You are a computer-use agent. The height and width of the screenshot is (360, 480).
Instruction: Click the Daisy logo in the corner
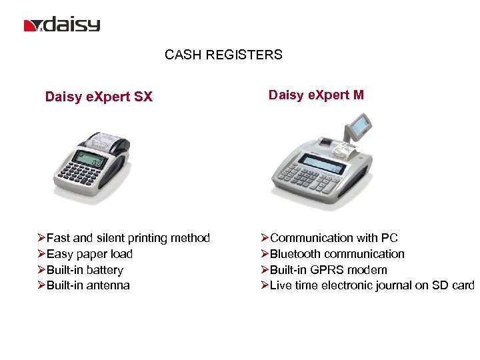(x=62, y=25)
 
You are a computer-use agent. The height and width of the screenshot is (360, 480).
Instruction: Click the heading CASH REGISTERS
(x=223, y=55)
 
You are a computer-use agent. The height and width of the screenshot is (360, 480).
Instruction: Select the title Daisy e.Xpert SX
(x=99, y=97)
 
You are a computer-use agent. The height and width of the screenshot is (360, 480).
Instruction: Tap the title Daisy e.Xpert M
(x=316, y=95)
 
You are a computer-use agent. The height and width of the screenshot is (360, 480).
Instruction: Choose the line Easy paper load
(x=89, y=254)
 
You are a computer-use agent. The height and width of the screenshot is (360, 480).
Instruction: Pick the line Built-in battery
(x=85, y=270)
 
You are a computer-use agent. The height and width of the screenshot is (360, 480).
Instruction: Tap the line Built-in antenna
(x=88, y=285)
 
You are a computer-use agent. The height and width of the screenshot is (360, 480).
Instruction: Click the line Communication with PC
(x=333, y=238)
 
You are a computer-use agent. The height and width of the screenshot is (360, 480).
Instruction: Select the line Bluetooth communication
(x=337, y=254)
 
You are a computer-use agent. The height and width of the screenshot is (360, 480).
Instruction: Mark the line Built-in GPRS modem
(x=328, y=270)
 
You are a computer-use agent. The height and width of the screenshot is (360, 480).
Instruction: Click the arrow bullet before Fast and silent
(x=41, y=238)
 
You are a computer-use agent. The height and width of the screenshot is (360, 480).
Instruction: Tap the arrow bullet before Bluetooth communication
(x=265, y=254)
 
